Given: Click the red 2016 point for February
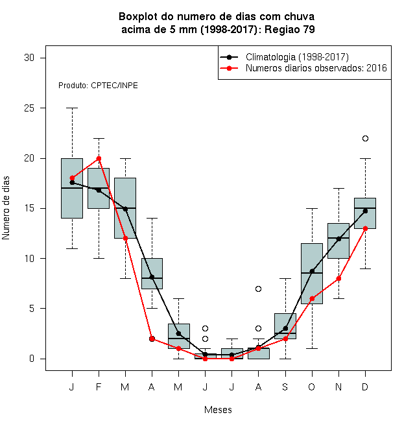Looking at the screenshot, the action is [99, 158].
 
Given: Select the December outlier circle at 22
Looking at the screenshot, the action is [365, 138].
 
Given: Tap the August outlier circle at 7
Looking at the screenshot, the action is [258, 289].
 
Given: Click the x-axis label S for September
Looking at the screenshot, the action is [285, 386].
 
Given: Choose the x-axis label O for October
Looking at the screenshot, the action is [311, 386].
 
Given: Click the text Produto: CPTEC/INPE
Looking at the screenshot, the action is [98, 86].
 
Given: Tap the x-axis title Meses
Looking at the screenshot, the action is [218, 410].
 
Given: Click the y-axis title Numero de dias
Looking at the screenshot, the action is [6, 208].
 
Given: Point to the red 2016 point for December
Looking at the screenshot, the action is [365, 228].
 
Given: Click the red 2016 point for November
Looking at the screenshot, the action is [338, 278].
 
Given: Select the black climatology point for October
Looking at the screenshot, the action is [312, 271].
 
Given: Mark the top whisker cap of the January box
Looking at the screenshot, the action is [72, 108].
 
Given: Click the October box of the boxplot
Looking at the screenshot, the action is [312, 274].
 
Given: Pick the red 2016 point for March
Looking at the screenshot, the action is [125, 238].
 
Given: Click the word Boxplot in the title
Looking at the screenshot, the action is [138, 17].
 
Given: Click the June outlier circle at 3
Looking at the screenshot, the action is [205, 328].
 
